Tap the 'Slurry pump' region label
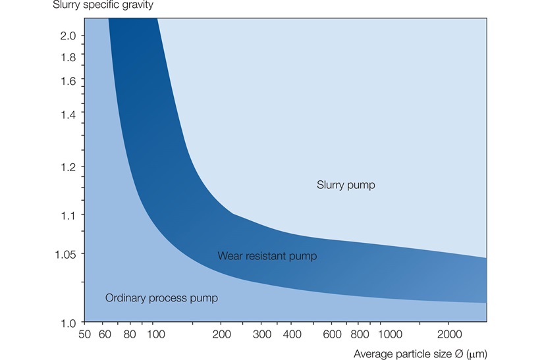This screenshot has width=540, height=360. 346,185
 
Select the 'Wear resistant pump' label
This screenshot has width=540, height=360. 267,256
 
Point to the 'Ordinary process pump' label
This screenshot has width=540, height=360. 161,298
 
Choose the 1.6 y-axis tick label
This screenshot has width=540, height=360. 68,81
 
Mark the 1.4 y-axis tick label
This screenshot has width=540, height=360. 68,114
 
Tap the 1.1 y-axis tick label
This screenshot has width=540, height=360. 68,215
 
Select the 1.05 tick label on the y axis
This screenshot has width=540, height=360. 66,253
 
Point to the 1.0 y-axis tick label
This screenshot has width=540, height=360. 68,323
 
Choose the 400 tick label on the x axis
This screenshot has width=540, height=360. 291,335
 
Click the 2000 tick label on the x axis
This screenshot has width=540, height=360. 449,335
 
